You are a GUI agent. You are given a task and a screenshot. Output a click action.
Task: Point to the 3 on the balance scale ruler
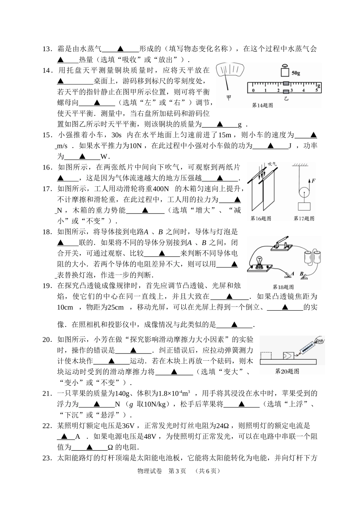[x=291, y=90]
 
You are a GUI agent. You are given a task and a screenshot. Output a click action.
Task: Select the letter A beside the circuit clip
[x=292, y=273]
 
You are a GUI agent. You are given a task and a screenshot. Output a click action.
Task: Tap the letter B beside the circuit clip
[x=302, y=273]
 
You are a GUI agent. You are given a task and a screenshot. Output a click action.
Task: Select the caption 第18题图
[x=283, y=287]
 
